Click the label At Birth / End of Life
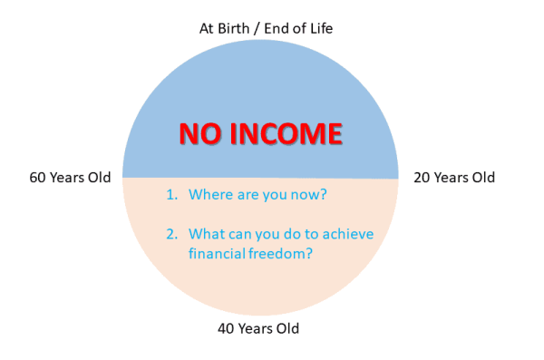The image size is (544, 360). coord(266,29)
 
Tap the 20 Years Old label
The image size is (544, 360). coord(454,178)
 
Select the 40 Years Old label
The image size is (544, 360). coord(258,328)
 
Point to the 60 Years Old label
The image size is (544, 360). coord(70,178)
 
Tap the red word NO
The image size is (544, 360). coord(199,134)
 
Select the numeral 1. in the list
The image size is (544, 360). coord(170,195)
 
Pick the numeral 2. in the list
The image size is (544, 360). coord(170,234)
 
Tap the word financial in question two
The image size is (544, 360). coord(218,254)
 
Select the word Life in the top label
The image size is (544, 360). coord(319,29)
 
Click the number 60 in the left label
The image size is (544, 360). coord(39,178)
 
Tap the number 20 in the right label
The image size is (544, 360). coord(423,178)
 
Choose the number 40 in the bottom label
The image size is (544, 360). coord(228,328)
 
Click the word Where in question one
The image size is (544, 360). coord(209,195)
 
